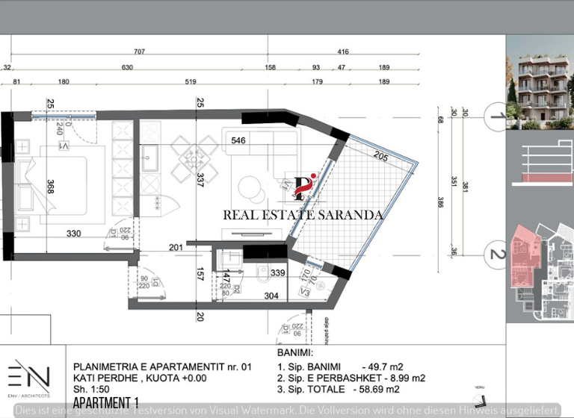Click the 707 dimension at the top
pyautogui.click(x=139, y=52)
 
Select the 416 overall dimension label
pyautogui.click(x=343, y=52)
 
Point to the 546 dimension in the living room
pyautogui.click(x=238, y=140)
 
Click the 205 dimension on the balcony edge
pyautogui.click(x=380, y=157)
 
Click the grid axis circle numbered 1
pyautogui.click(x=494, y=116)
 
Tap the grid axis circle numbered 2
pyautogui.click(x=494, y=255)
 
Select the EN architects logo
pyautogui.click(x=29, y=375)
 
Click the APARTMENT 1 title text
pyautogui.click(x=105, y=403)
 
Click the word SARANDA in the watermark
pyautogui.click(x=351, y=215)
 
